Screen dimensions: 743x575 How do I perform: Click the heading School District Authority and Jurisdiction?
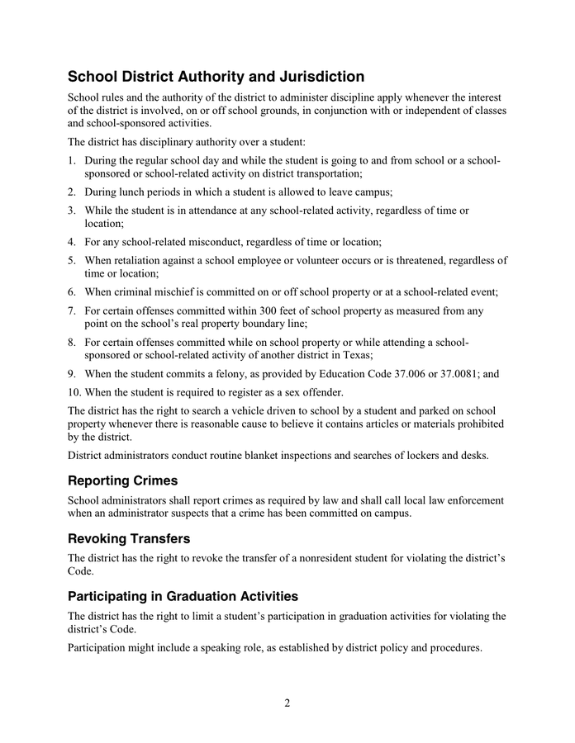(x=216, y=77)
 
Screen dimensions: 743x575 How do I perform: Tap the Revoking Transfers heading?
(x=129, y=538)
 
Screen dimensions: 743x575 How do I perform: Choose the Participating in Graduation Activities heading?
(x=183, y=596)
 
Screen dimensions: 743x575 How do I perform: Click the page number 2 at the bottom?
(x=287, y=703)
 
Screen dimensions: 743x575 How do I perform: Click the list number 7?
(x=72, y=310)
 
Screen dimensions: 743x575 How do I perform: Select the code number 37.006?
(x=410, y=373)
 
